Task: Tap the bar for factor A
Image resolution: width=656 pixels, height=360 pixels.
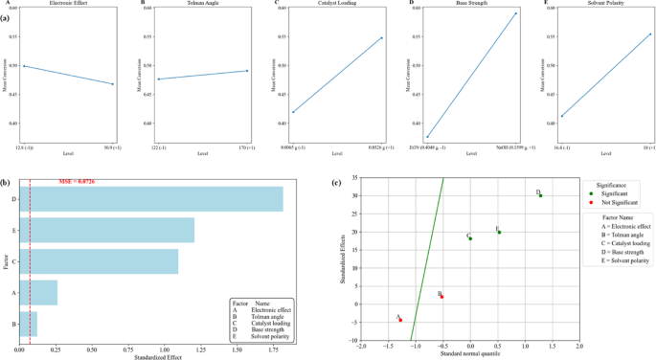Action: pyautogui.click(x=38, y=292)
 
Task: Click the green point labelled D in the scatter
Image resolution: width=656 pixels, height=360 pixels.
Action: pyautogui.click(x=540, y=195)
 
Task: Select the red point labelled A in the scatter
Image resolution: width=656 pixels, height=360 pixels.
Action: pyautogui.click(x=400, y=320)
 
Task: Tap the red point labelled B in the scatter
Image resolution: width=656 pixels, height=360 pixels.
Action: pyautogui.click(x=441, y=297)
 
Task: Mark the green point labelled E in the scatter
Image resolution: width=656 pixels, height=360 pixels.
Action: pyautogui.click(x=499, y=232)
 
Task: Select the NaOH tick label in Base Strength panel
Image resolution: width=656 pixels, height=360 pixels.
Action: pyautogui.click(x=513, y=151)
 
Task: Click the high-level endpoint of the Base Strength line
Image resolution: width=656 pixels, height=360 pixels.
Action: pyautogui.click(x=515, y=13)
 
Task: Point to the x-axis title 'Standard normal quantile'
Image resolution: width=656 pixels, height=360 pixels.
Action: pyautogui.click(x=470, y=355)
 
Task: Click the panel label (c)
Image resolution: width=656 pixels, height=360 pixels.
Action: pyautogui.click(x=336, y=183)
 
